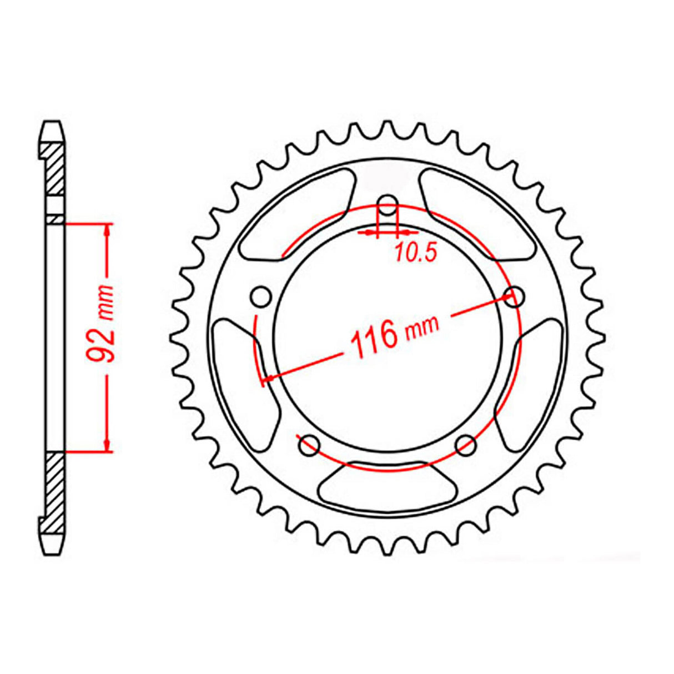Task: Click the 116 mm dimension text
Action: tap(391, 336)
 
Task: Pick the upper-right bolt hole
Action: tap(516, 296)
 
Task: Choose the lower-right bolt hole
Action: tap(466, 444)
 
